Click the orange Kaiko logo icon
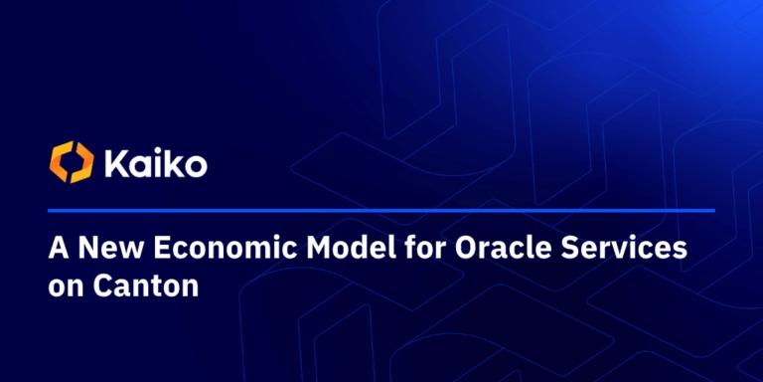coord(72,162)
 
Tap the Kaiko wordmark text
coord(156,163)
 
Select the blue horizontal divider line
coord(381,211)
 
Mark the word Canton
coord(146,286)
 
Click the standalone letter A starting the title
coord(59,249)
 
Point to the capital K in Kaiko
coord(115,164)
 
